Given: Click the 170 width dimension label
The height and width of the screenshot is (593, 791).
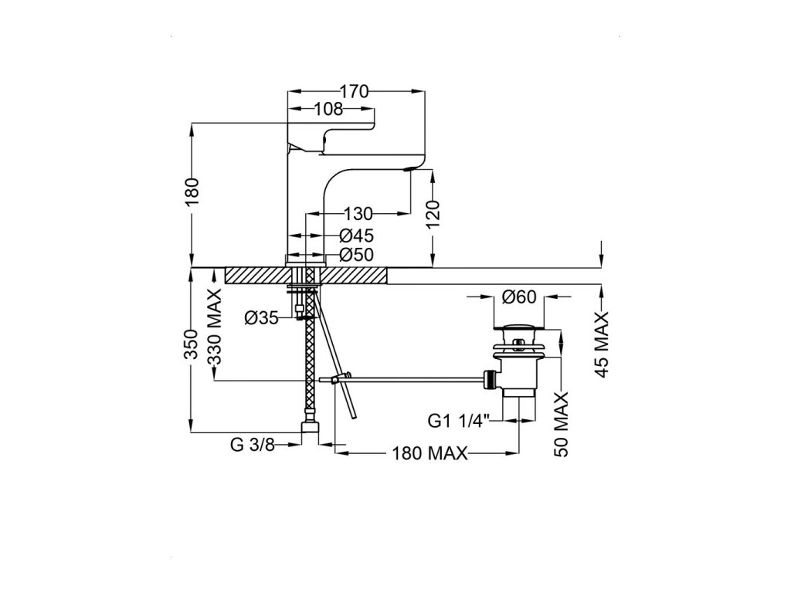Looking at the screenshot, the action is click(x=354, y=91).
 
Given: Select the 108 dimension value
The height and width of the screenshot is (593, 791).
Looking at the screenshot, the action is click(x=328, y=110).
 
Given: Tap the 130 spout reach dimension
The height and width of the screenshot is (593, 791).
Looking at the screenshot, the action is click(x=358, y=213).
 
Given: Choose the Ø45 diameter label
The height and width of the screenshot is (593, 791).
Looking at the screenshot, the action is click(x=357, y=236).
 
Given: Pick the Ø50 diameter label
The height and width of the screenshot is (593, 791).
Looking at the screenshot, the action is click(x=357, y=256).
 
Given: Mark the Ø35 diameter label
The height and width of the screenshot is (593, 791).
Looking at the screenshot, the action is click(x=261, y=317).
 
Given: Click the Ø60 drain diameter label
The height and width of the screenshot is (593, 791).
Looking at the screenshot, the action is click(x=519, y=295).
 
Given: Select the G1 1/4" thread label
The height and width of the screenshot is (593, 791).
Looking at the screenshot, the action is click(x=459, y=422).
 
